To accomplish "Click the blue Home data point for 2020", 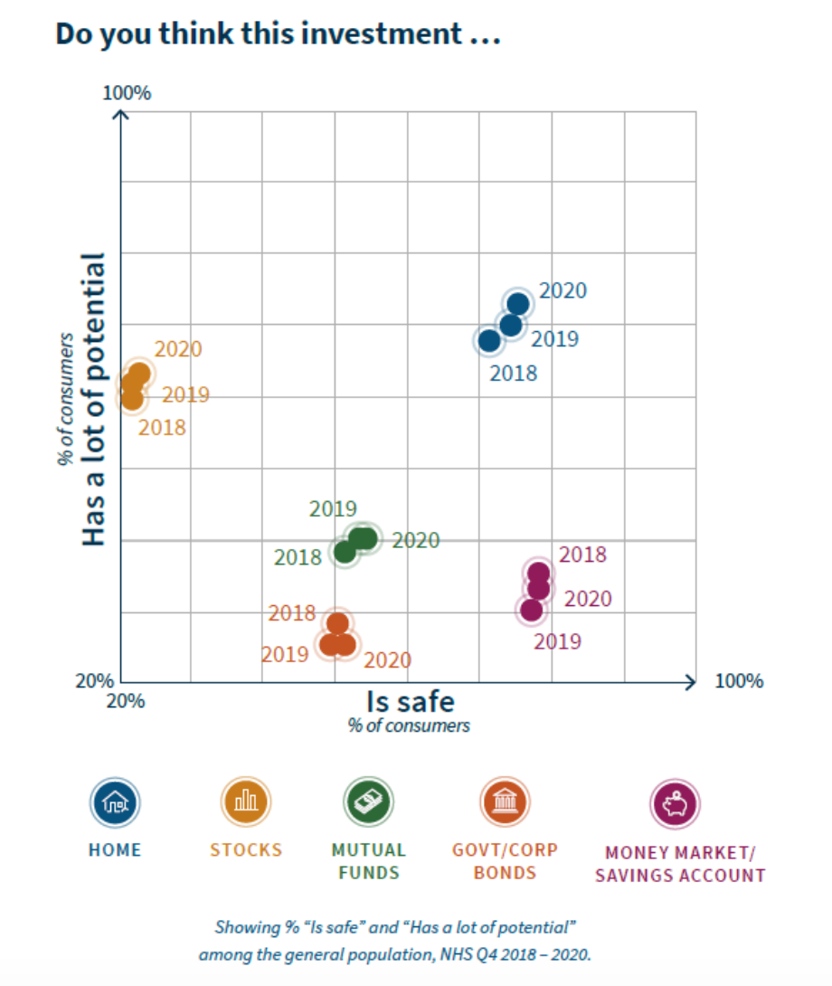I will [x=518, y=304].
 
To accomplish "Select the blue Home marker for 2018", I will [x=488, y=341].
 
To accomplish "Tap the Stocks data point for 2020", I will [x=139, y=373].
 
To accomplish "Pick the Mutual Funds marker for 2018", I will [x=345, y=551].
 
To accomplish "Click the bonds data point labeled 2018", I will [x=337, y=623].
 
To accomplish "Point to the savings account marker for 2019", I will [x=532, y=611].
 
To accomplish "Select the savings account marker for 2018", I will [x=539, y=573].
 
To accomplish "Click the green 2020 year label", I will [x=416, y=541].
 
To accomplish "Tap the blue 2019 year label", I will [x=554, y=339].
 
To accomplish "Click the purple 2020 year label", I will [x=588, y=599].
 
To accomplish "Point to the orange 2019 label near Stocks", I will [x=185, y=395].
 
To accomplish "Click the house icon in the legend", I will [x=115, y=801].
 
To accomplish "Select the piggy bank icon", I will [x=676, y=803].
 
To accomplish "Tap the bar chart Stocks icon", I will [x=246, y=801].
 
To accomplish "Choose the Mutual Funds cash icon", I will [x=368, y=801].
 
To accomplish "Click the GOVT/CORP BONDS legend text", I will [x=506, y=861].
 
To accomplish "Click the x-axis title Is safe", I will [x=410, y=702].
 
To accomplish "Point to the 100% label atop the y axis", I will [x=127, y=94].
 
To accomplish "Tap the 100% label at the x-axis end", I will [x=739, y=681].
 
